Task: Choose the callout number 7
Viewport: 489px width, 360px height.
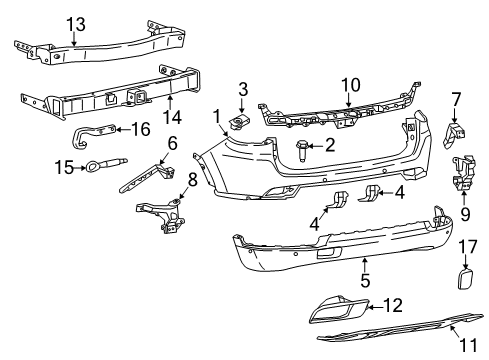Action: (456, 99)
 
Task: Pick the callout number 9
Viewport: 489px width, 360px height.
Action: (465, 213)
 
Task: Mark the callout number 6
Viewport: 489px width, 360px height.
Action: (172, 143)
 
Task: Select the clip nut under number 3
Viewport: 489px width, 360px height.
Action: (240, 122)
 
